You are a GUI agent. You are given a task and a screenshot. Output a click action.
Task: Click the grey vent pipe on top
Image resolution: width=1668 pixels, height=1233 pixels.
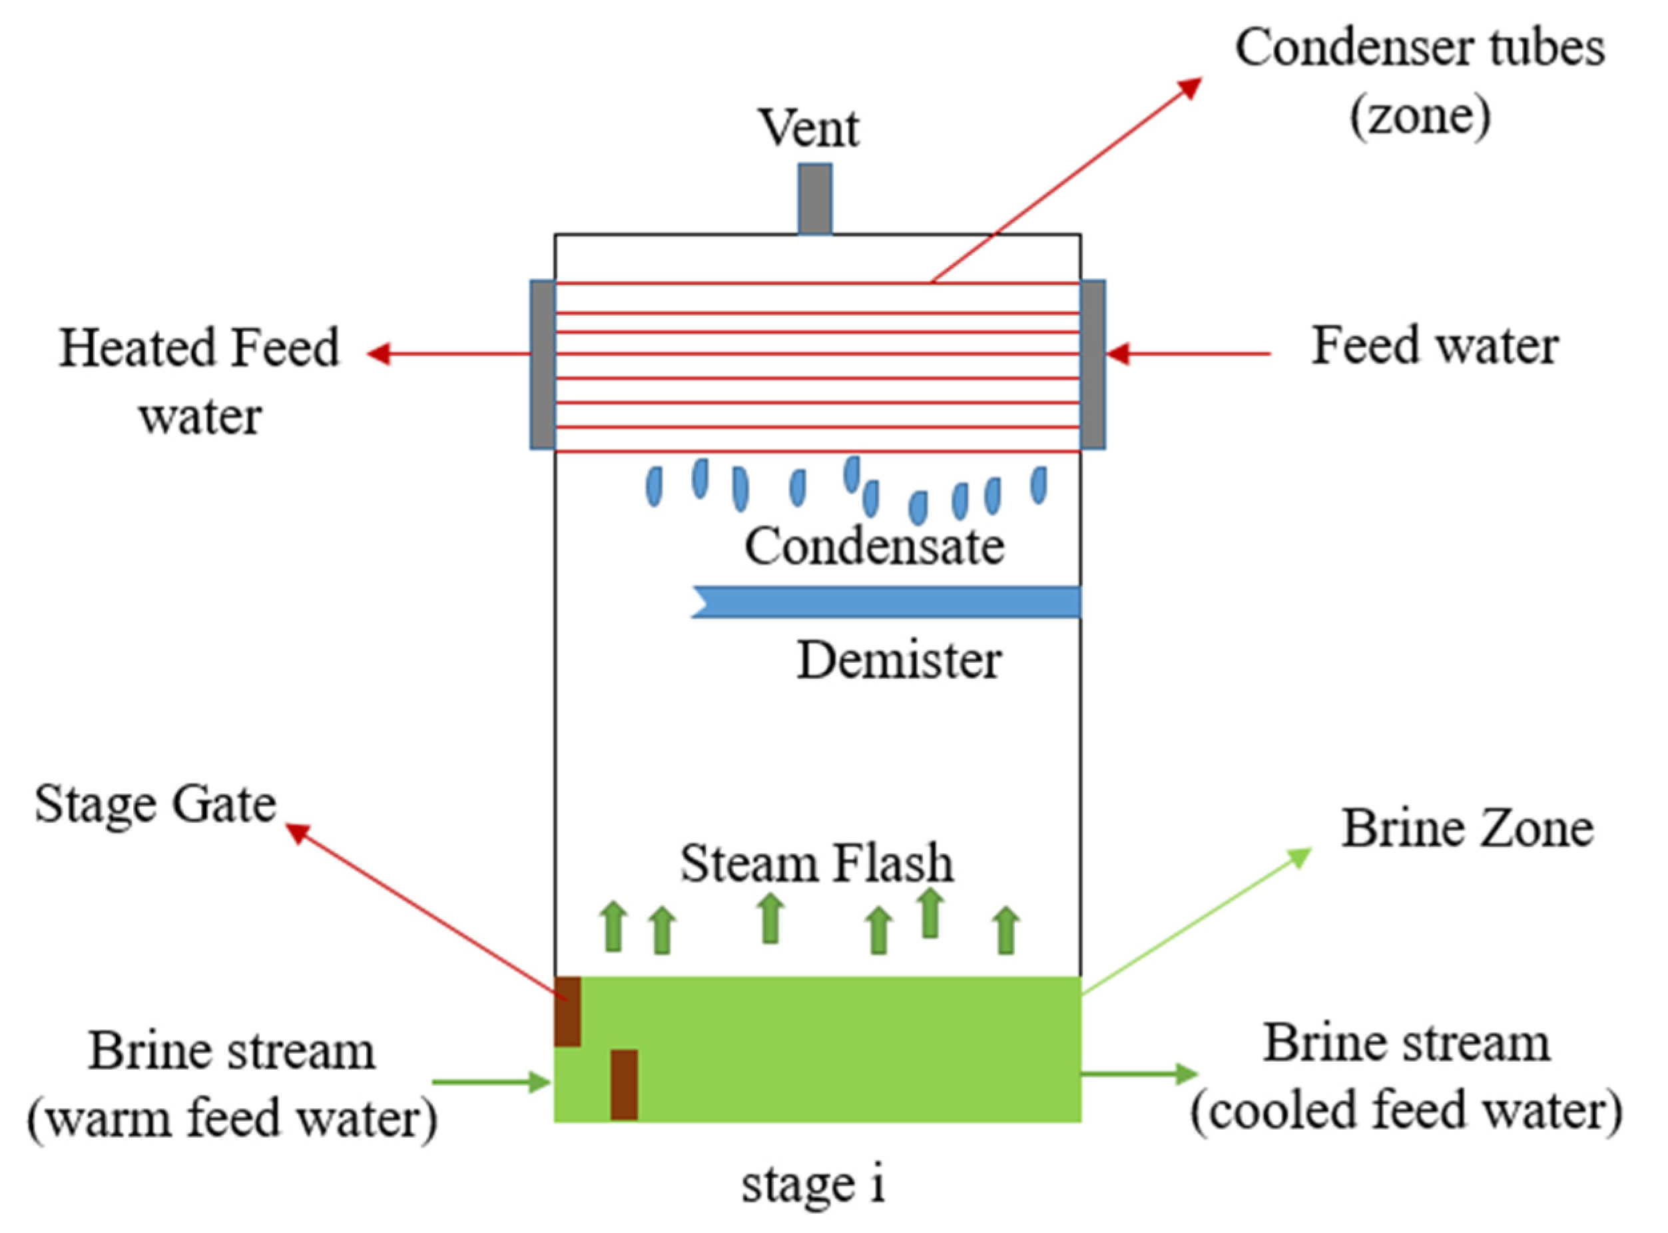[814, 199]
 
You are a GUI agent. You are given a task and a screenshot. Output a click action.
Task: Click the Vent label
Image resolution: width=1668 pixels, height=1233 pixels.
[810, 129]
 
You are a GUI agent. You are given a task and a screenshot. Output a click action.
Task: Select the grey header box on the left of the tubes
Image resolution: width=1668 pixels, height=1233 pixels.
[542, 364]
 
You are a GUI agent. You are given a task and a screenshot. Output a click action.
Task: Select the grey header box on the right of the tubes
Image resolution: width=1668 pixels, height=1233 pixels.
[1093, 364]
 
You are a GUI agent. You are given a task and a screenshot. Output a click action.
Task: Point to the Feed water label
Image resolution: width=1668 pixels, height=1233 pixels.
[1434, 347]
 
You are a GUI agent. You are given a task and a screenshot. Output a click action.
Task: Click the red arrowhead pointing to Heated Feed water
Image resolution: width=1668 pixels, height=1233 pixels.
[379, 354]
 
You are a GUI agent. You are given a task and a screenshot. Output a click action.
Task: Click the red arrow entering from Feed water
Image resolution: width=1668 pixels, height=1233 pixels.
[1186, 354]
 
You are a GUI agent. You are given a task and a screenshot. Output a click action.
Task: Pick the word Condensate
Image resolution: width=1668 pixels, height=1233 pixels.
[874, 546]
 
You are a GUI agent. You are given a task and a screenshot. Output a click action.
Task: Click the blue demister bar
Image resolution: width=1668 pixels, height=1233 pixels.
[888, 602]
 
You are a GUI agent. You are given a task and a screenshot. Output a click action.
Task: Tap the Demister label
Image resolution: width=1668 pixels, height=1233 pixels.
[899, 661]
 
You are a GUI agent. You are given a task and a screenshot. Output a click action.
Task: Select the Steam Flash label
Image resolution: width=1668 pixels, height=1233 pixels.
[816, 863]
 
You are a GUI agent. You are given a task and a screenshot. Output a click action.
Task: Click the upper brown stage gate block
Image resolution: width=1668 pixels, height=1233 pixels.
[567, 1011]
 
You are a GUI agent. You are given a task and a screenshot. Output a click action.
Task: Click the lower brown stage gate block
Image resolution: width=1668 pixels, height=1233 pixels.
[624, 1084]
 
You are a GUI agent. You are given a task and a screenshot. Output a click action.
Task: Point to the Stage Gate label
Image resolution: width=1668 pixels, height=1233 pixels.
[155, 805]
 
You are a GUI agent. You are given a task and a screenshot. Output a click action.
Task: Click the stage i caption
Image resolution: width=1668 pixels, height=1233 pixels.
[813, 1184]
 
